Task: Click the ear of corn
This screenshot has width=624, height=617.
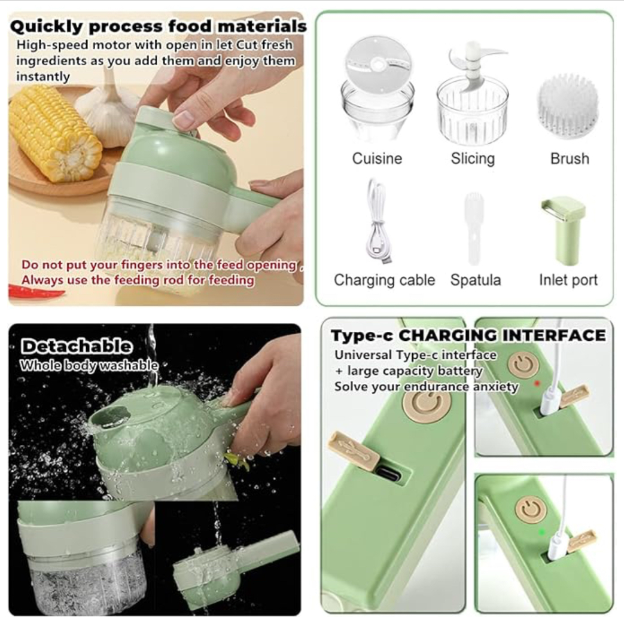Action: click(x=55, y=133)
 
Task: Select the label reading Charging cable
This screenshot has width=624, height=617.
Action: click(x=385, y=280)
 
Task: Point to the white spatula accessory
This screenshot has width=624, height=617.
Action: click(x=473, y=228)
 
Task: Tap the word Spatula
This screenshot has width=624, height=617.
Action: click(x=476, y=280)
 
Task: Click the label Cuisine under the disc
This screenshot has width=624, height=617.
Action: click(x=377, y=158)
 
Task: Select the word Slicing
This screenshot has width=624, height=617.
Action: click(x=473, y=158)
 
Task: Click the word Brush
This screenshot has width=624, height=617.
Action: click(x=570, y=158)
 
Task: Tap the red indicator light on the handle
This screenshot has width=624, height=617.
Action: click(x=537, y=383)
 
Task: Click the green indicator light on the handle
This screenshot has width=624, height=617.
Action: click(x=541, y=532)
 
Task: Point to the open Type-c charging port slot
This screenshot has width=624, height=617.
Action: click(x=388, y=474)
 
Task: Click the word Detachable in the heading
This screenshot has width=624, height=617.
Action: click(x=76, y=346)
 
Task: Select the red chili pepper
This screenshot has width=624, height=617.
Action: click(x=36, y=291)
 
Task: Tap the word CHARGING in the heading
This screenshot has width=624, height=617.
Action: click(x=448, y=335)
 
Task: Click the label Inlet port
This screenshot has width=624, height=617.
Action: click(x=568, y=280)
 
